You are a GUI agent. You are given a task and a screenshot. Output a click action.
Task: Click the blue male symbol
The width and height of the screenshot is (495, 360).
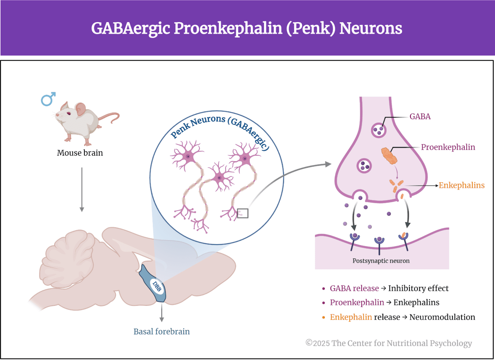pyautogui.click(x=48, y=99)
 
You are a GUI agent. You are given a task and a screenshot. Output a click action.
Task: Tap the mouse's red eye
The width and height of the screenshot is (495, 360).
pyautogui.click(x=68, y=113)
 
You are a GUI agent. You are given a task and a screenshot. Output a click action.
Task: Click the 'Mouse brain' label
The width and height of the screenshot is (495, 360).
pyautogui.click(x=80, y=153)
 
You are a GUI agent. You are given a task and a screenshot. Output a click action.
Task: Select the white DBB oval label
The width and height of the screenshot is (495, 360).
pyautogui.click(x=157, y=286)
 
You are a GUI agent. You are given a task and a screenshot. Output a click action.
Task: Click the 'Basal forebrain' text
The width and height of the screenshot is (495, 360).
pyautogui.click(x=161, y=332)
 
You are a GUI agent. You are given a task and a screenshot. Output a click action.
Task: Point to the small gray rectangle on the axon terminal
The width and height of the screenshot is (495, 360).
pyautogui.click(x=243, y=213)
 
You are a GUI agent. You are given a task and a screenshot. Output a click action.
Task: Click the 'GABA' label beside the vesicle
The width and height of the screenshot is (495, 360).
pyautogui.click(x=420, y=116)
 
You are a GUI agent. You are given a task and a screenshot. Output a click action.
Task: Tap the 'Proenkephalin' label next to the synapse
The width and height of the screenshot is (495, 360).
pyautogui.click(x=448, y=147)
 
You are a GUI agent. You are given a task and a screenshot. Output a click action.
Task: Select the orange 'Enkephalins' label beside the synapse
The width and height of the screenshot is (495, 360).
pyautogui.click(x=461, y=185)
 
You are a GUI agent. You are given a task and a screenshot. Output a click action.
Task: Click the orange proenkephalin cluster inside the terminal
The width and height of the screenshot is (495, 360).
pyautogui.click(x=389, y=155)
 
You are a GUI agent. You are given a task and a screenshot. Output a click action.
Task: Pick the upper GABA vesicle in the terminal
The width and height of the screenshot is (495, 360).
pyautogui.click(x=378, y=130)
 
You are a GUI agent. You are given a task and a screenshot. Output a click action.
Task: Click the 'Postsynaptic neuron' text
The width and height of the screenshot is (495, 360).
pyautogui.click(x=381, y=261)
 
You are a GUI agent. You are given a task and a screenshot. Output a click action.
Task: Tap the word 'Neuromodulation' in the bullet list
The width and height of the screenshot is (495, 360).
pyautogui.click(x=442, y=317)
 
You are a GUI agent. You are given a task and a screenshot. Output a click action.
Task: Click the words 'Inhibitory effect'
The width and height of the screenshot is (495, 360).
pyautogui.click(x=418, y=288)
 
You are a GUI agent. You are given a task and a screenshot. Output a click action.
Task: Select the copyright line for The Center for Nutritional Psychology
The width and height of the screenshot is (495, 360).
pyautogui.click(x=389, y=343)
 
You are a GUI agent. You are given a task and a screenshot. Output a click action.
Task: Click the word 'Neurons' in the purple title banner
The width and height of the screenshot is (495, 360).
pyautogui.click(x=371, y=28)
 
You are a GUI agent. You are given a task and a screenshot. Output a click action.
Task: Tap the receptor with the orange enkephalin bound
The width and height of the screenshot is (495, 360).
pyautogui.click(x=403, y=238)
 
